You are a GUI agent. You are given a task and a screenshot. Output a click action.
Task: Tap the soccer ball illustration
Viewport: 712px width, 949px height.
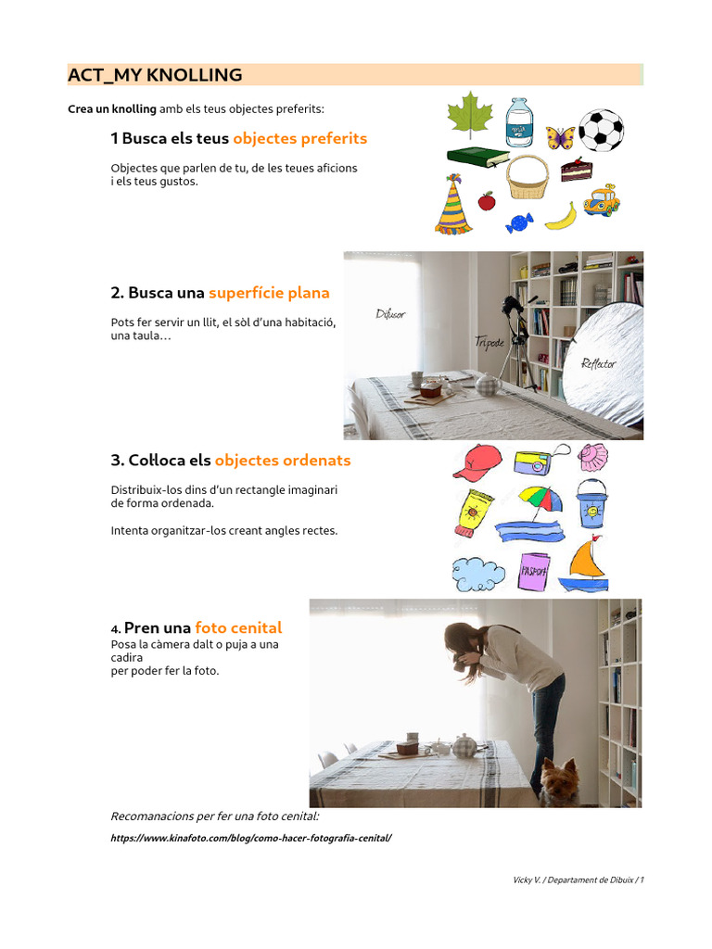pos(601,131)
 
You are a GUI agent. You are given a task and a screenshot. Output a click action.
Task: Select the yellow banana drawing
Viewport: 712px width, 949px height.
pos(562,216)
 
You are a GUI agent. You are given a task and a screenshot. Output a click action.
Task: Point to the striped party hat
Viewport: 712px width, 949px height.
pos(453,206)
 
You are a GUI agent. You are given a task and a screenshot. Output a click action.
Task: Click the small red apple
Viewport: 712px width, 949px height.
pos(487,200)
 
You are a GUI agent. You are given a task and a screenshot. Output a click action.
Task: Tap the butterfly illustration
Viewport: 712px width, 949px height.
pos(560,138)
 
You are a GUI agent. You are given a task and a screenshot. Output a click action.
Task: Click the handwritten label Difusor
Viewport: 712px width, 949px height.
pos(390,314)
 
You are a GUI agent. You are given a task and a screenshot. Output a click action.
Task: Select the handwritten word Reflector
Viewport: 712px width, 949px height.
pos(598,363)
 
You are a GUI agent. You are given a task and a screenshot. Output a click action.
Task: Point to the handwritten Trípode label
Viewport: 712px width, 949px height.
pos(489,342)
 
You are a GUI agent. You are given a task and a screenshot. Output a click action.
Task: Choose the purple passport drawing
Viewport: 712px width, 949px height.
pos(535,571)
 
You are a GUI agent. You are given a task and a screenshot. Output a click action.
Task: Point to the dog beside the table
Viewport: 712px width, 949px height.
pos(560,781)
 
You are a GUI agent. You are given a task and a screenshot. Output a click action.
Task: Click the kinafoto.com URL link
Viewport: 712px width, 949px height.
pos(250,838)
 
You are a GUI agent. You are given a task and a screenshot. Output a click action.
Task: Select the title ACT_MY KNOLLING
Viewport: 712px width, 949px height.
pos(155,75)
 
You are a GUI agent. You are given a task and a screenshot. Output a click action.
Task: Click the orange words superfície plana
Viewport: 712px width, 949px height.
pos(269,293)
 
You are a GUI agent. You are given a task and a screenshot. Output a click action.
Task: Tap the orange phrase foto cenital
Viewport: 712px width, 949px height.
pos(238,627)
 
